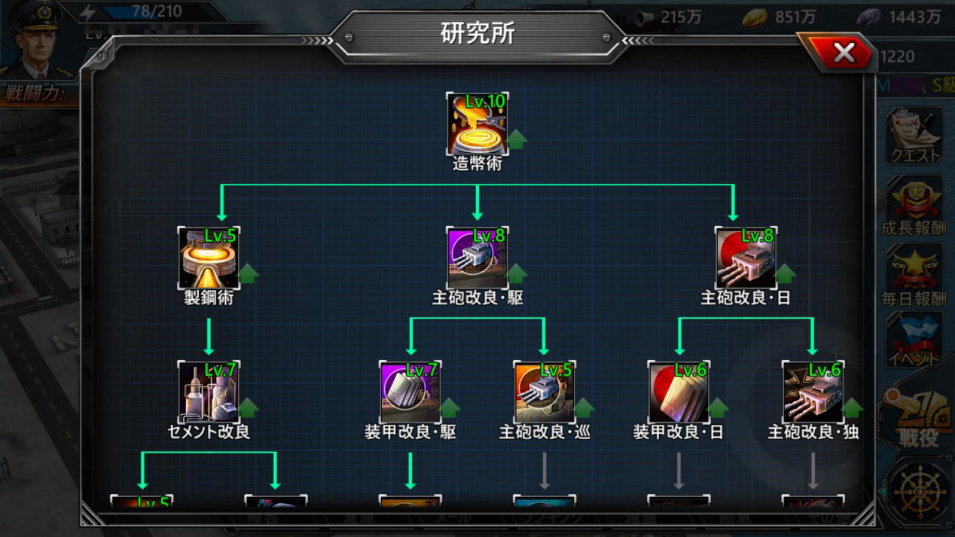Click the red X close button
(844, 52)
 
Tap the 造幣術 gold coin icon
(477, 124)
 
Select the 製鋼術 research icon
(209, 258)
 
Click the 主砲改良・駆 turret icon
(477, 258)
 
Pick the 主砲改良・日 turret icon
(746, 258)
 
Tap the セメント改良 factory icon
(209, 392)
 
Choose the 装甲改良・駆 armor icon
(410, 392)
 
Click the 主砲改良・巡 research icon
(544, 392)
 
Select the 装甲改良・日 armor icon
(678, 392)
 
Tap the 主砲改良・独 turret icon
(812, 392)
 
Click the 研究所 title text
(477, 33)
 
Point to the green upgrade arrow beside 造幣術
(517, 139)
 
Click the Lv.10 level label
(486, 102)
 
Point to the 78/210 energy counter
(157, 12)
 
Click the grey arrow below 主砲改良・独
(812, 471)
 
